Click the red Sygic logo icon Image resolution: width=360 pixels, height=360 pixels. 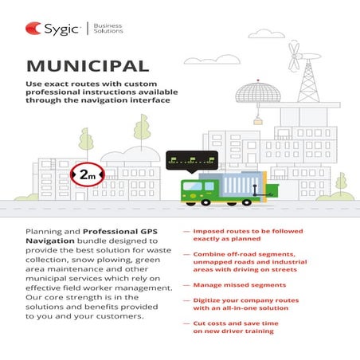click(33, 29)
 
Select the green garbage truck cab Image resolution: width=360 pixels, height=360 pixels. click(196, 190)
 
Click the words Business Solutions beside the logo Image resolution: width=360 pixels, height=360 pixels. click(108, 29)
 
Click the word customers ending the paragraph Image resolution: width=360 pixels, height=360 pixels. click(120, 315)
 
